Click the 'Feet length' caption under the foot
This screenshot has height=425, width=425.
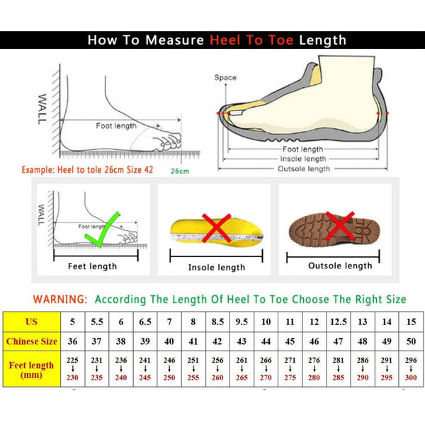[92, 266]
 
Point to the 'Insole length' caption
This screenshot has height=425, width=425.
[216, 267]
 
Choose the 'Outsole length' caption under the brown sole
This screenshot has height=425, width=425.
[339, 266]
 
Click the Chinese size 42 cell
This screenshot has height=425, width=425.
[217, 341]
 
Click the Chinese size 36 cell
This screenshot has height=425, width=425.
[72, 341]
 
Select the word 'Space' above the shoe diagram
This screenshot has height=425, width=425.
[225, 77]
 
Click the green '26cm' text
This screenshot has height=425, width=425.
[180, 171]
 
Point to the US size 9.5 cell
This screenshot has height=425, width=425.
[242, 321]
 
